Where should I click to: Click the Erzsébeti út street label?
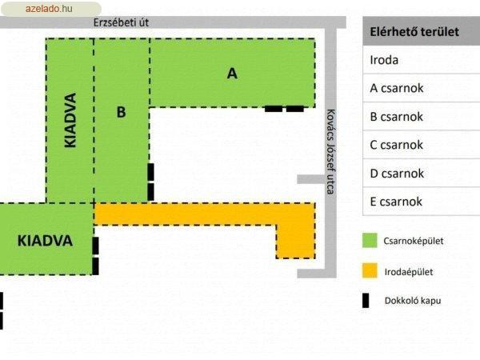click(x=121, y=22)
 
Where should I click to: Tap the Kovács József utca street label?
click(x=330, y=151)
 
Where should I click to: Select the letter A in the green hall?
click(x=232, y=74)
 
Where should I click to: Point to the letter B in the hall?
click(x=122, y=112)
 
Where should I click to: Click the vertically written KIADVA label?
click(x=70, y=120)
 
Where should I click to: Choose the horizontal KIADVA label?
click(x=45, y=241)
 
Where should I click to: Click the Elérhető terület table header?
click(x=422, y=31)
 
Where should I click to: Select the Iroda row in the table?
click(x=422, y=60)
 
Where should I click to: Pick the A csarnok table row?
click(x=422, y=88)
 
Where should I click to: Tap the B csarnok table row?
click(x=422, y=117)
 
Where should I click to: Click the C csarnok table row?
click(x=422, y=145)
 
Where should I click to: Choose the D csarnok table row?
click(x=422, y=174)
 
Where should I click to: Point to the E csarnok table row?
click(x=422, y=202)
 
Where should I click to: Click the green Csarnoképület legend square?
click(x=370, y=240)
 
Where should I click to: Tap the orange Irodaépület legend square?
click(x=370, y=270)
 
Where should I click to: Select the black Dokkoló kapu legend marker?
click(x=366, y=300)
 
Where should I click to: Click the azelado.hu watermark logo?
click(x=51, y=9)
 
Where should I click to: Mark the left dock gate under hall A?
click(x=274, y=109)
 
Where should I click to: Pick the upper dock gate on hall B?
click(x=150, y=172)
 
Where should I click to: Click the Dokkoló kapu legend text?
click(x=413, y=301)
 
